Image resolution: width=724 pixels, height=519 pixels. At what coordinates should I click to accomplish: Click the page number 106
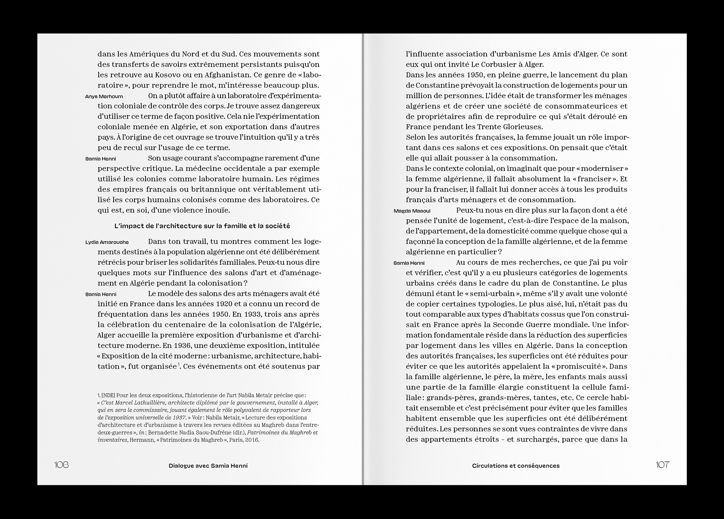point(61,465)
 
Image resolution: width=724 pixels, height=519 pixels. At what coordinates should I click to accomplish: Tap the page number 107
point(662,465)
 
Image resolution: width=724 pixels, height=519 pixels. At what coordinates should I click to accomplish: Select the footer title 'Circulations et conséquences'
point(515,466)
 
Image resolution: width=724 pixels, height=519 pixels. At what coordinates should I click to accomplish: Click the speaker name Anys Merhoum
point(104,96)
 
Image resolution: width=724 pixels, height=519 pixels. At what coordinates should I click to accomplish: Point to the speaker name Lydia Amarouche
point(107,242)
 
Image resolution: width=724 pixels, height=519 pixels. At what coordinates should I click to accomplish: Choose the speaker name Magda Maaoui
point(412,211)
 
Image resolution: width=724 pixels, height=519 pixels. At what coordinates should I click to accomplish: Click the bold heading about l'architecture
point(202,226)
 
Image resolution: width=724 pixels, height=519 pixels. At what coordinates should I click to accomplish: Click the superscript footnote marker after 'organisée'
point(179,364)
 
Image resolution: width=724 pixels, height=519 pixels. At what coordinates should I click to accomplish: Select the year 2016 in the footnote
point(252,440)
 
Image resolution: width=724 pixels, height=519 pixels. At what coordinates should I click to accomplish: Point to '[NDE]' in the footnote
point(109,395)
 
